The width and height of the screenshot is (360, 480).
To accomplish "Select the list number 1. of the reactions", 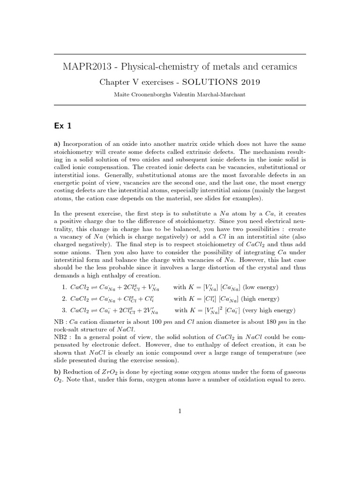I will [65, 287].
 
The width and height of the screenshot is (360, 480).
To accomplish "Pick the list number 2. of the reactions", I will [65, 299].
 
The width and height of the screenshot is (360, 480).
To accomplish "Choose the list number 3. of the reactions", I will [65, 310].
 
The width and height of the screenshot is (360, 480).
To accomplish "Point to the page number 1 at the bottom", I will [180, 411].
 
